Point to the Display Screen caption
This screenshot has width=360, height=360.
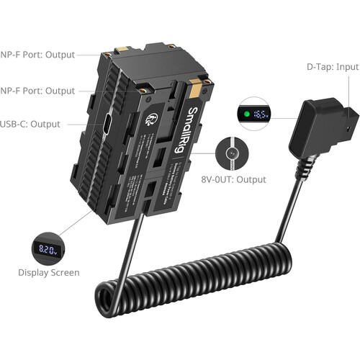49,273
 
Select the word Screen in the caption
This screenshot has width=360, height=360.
63,273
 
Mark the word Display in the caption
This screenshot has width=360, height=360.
33,273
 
